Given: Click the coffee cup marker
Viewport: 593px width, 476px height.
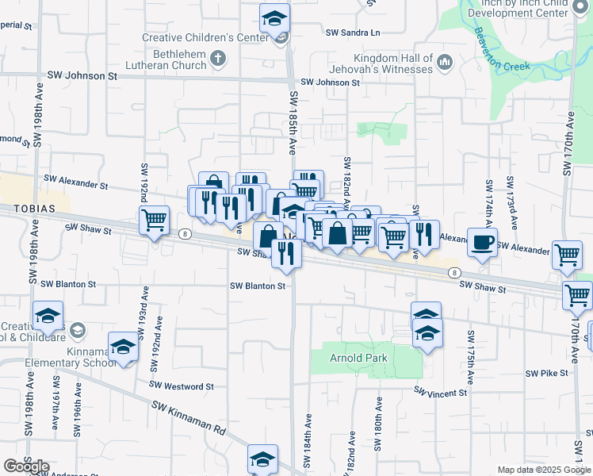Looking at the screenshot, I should [x=482, y=244].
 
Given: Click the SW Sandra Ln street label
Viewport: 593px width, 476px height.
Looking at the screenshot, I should [x=353, y=33].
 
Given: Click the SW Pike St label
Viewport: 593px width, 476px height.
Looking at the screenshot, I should [x=547, y=372].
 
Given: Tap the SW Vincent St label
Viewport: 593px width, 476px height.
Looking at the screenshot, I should [x=441, y=393].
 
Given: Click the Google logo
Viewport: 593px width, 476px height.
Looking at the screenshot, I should [x=25, y=466].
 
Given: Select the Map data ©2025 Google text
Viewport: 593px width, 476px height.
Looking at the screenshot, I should [x=543, y=470].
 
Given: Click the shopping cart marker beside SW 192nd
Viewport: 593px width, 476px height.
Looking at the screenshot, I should [x=154, y=220].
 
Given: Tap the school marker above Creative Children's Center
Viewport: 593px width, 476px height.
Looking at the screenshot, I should [x=275, y=17].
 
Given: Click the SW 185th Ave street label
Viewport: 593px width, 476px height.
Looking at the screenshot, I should [x=293, y=123].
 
